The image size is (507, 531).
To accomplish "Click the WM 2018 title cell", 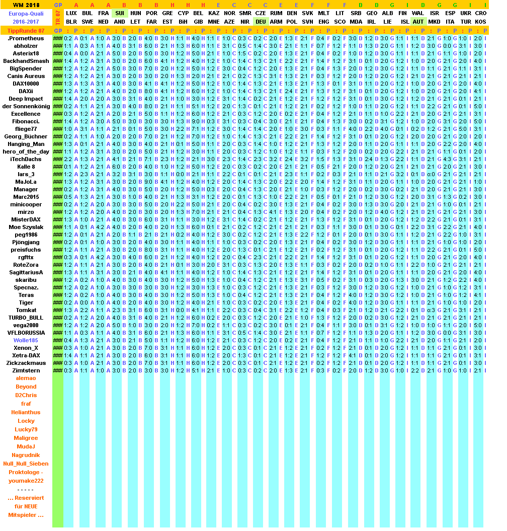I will point(26,5).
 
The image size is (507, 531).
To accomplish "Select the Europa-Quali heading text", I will point(26,14).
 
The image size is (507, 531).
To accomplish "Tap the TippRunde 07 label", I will point(26,31).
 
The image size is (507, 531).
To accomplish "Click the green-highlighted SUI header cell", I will point(120,13).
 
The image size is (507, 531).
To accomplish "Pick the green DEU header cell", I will point(261,22).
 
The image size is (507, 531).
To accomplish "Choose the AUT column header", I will point(418,22).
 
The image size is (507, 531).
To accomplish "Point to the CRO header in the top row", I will point(480,13).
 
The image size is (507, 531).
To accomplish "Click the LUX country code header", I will point(72,13).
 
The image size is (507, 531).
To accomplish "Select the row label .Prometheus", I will point(26,38).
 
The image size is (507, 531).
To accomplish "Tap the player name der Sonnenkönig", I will point(26,106).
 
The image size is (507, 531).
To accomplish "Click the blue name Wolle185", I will point(26,340).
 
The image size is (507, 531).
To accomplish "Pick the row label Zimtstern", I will point(26,370).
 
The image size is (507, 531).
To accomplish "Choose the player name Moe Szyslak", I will point(26,227).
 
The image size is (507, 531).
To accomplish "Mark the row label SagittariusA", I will point(26,272).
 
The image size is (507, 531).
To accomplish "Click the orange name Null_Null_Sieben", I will point(26,464).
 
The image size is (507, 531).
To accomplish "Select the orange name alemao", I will point(26,378).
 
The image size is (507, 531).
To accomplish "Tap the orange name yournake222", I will point(26,481).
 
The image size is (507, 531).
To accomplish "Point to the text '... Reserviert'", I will point(26,498).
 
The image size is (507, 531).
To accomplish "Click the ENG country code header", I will point(323,22).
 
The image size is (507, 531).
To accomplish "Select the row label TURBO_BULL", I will point(26,318).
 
